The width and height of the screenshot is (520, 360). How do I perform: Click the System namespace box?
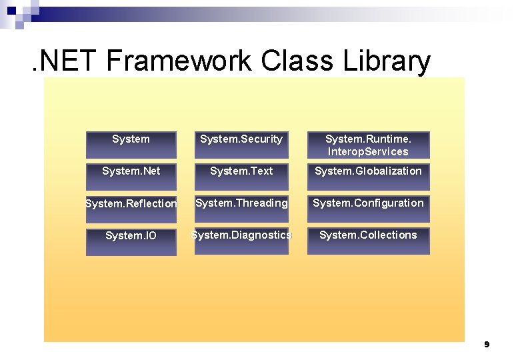[x=131, y=145]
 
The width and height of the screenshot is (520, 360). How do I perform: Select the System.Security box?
[x=241, y=145]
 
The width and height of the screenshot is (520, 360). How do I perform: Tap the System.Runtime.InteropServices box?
[x=368, y=145]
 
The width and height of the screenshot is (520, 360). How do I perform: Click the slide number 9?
[x=487, y=345]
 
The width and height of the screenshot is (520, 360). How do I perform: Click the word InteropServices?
[x=368, y=152]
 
